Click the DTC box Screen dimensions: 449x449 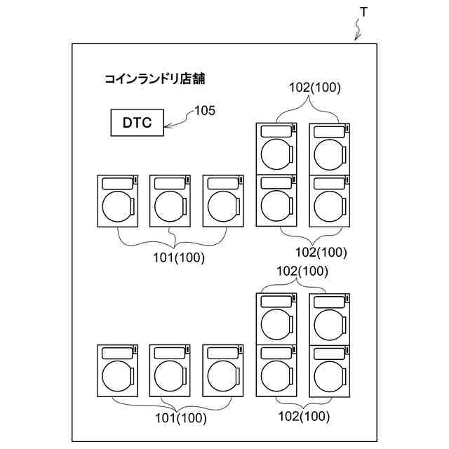coord(138,122)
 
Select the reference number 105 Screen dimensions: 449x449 coord(205,110)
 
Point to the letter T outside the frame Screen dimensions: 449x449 coord(363,13)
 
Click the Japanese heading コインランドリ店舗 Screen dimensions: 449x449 coord(154,79)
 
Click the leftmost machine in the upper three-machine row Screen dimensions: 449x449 coord(118,201)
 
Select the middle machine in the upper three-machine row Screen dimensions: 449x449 coord(170,201)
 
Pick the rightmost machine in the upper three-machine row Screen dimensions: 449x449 coord(223,201)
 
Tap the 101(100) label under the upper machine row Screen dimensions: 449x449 coord(179,257)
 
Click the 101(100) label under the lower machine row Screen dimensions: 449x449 coord(180,419)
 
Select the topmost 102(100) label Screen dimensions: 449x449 coord(315,88)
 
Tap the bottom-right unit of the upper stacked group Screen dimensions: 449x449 coord(329,201)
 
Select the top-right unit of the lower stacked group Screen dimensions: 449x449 coord(329,319)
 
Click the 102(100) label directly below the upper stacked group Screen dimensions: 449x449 coord(321,253)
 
